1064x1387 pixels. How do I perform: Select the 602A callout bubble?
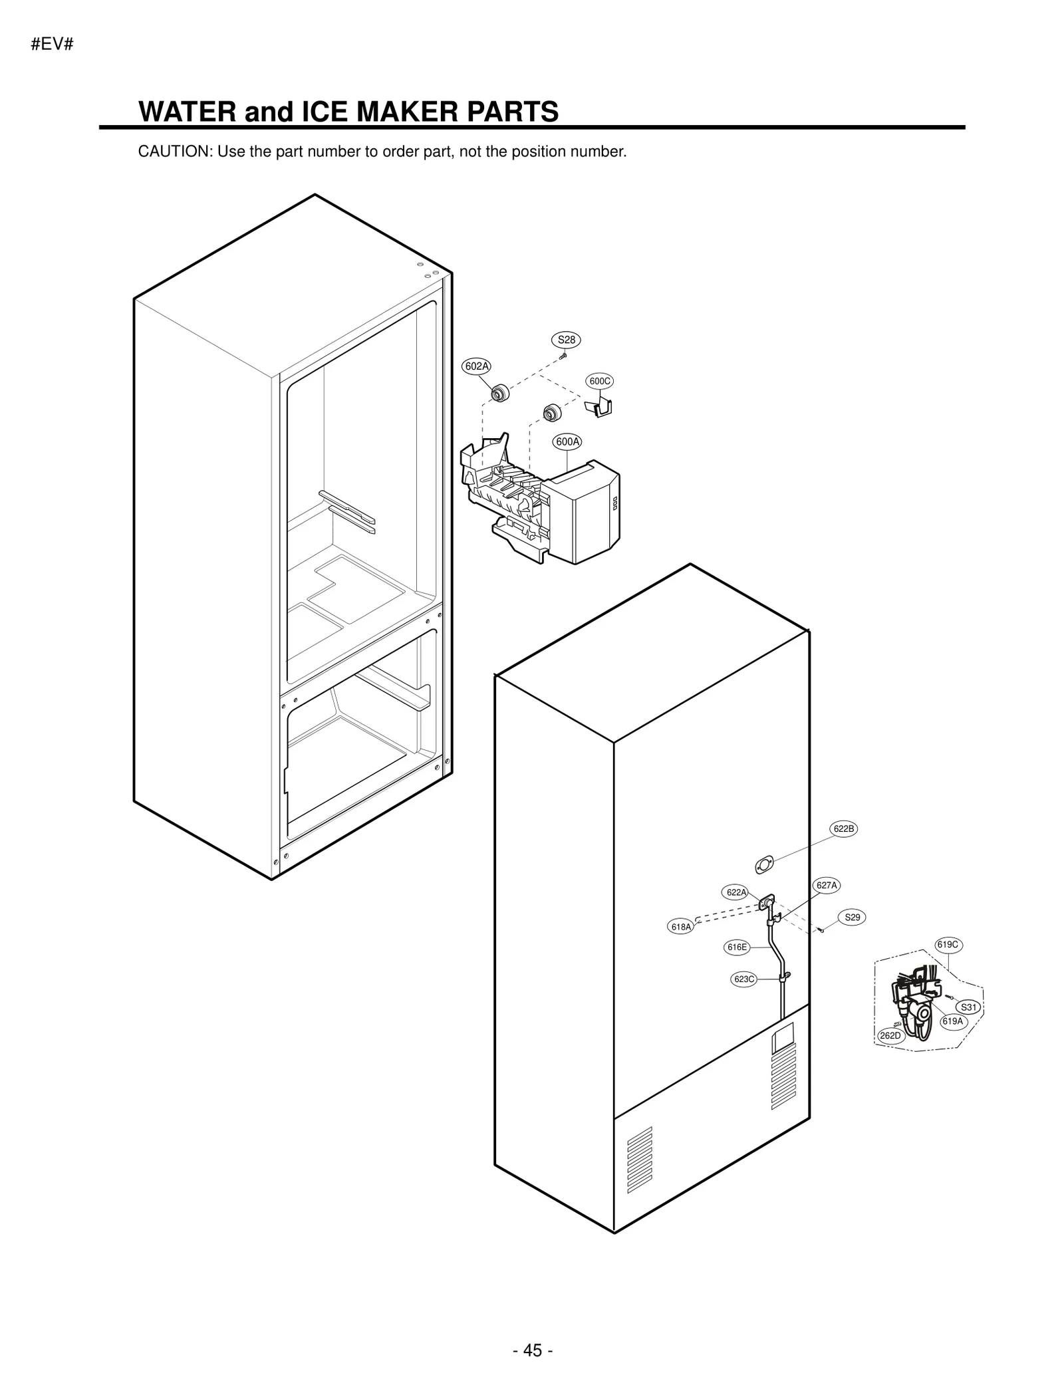click(476, 366)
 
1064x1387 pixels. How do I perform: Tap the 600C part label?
click(599, 381)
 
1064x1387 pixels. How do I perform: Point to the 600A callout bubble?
click(567, 441)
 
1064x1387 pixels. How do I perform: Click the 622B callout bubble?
click(843, 828)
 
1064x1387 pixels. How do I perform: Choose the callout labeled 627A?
click(827, 885)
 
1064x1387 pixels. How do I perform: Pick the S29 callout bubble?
click(852, 918)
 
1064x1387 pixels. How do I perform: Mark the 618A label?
click(680, 927)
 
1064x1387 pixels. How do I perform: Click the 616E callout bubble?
click(737, 947)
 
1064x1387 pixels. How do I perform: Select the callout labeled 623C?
click(743, 979)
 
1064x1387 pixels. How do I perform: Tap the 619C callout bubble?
click(948, 945)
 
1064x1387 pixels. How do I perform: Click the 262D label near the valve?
click(890, 1036)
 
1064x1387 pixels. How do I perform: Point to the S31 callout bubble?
click(969, 1007)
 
